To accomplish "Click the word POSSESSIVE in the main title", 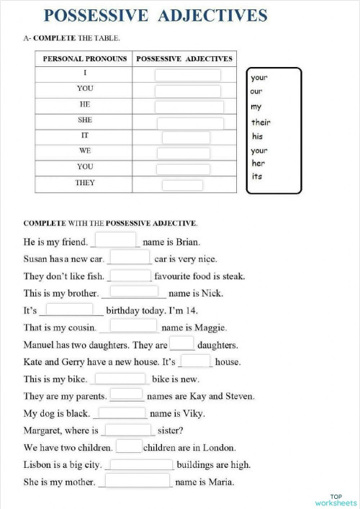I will [92, 15].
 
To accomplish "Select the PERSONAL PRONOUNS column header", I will [85, 58].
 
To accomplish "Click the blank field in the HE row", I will [189, 107].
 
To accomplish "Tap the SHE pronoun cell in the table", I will [85, 120].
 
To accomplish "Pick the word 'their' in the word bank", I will [261, 122].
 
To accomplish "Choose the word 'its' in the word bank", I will [257, 177].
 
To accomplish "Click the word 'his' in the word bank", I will [258, 136].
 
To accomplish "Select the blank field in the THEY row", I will [182, 184].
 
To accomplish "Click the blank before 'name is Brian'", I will [115, 240].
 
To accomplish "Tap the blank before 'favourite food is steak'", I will [130, 275].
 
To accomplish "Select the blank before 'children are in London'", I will [129, 446].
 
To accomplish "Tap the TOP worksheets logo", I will [336, 500].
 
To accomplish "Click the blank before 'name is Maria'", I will [138, 481].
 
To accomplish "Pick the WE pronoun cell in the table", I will [85, 151].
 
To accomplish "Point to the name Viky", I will [193, 414].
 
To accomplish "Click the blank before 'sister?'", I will [127, 431].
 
